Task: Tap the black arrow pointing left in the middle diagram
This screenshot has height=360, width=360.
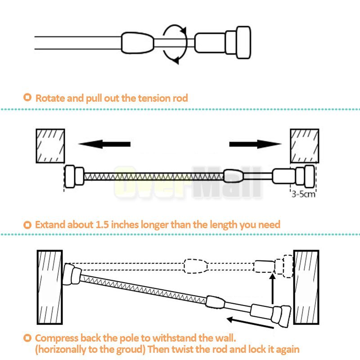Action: pyautogui.click(x=104, y=144)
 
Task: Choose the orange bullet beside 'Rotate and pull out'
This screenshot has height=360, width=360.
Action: pyautogui.click(x=28, y=97)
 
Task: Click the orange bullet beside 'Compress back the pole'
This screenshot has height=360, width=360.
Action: pyautogui.click(x=28, y=338)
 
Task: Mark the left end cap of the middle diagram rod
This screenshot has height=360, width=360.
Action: pyautogui.click(x=73, y=176)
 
